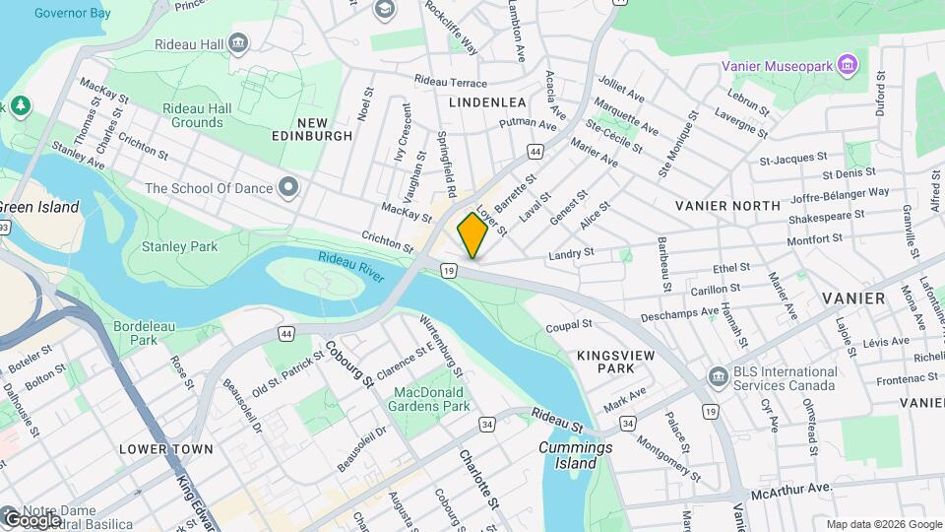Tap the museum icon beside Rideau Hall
[x=237, y=43]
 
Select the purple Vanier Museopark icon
[x=849, y=67]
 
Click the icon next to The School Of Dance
[x=287, y=186]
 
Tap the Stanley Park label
[x=179, y=246]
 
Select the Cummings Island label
[x=575, y=455]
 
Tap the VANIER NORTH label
[x=727, y=205]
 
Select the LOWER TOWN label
[x=165, y=448]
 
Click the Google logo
[x=33, y=518]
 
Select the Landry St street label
[x=571, y=253]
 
